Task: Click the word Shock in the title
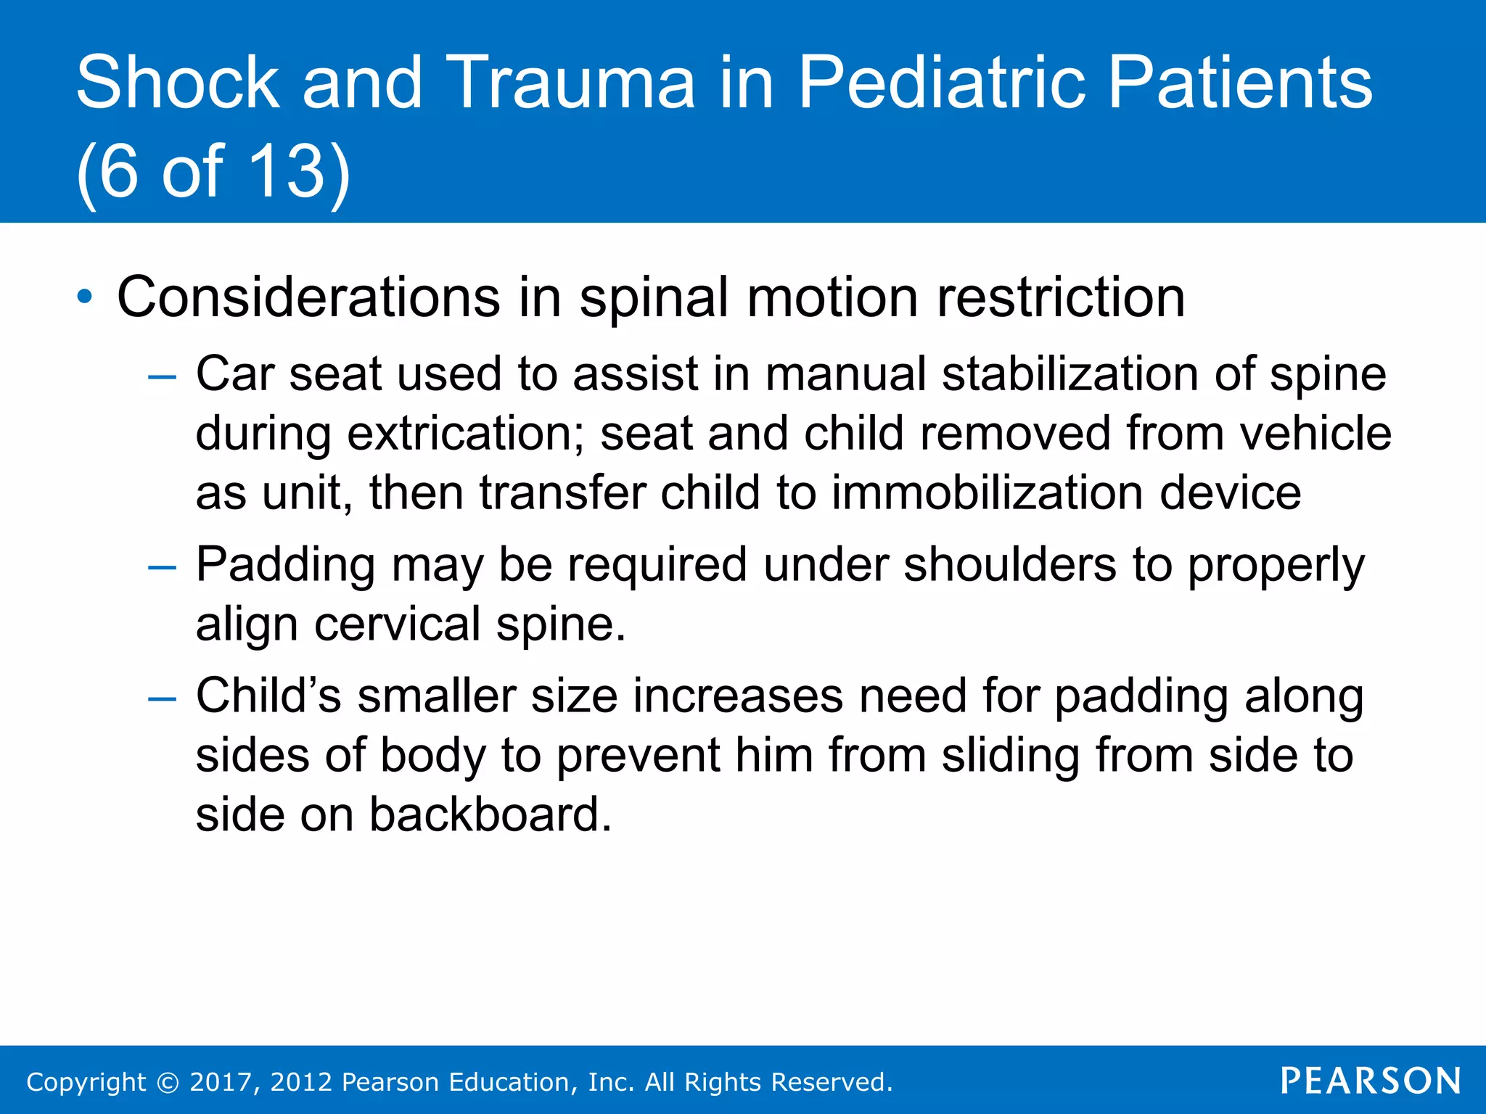click(177, 83)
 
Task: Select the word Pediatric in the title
click(943, 83)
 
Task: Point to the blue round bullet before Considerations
click(85, 297)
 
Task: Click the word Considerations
click(308, 297)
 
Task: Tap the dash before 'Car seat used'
click(161, 376)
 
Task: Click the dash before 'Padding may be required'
click(161, 566)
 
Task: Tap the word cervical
click(397, 624)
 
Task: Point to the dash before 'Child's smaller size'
click(161, 698)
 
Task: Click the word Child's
click(268, 696)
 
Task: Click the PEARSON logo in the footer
click(1370, 1081)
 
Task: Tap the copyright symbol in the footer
click(168, 1083)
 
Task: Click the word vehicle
click(1315, 434)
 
